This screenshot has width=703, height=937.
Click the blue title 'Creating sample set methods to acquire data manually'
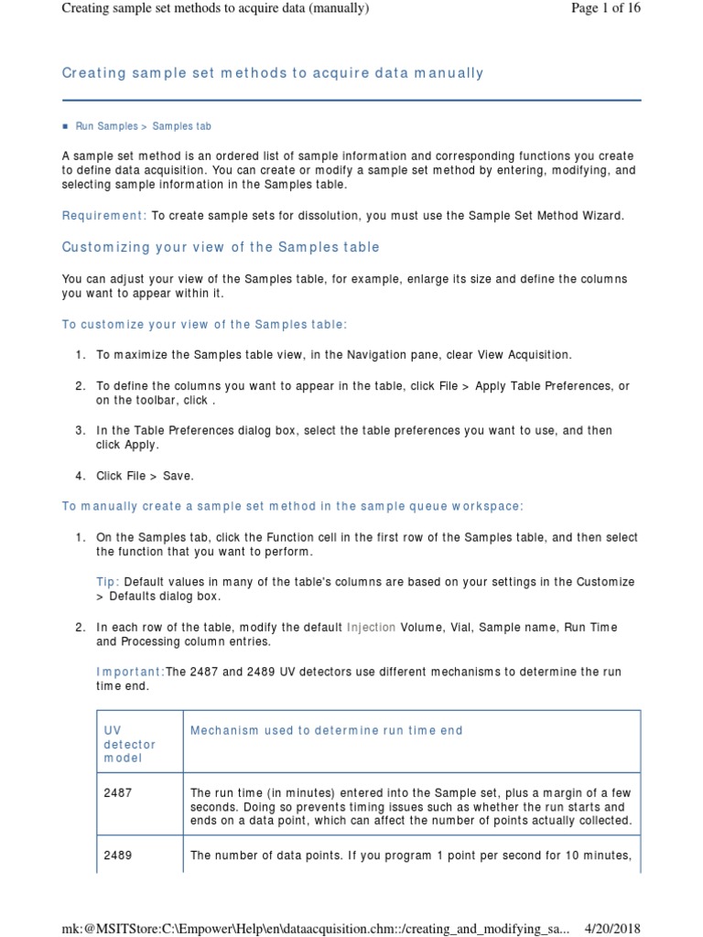coord(272,73)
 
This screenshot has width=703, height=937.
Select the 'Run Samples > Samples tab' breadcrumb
coord(143,126)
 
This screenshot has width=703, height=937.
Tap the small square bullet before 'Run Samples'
coord(65,126)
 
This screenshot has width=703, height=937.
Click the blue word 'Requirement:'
coord(103,215)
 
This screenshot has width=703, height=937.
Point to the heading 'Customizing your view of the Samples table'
coord(220,247)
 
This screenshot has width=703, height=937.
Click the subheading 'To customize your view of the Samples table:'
coord(204,325)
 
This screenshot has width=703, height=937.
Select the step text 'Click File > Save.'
coord(145,475)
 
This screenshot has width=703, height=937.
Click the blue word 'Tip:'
coord(107,582)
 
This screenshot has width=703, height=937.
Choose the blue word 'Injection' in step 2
coord(371,628)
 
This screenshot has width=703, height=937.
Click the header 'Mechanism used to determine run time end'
coord(325,730)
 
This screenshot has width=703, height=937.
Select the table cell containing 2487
coord(118,793)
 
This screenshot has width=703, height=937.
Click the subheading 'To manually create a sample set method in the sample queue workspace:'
coord(292,506)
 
